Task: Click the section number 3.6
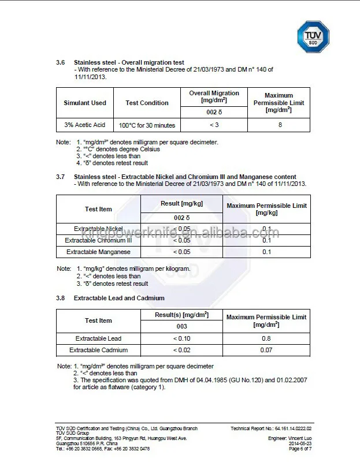[x=60, y=62]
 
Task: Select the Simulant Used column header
[x=85, y=103]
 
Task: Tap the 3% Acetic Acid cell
[x=85, y=125]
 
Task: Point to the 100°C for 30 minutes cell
[x=147, y=125]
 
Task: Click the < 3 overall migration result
[x=214, y=125]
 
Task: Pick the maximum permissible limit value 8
[x=280, y=125]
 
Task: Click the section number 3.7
[x=60, y=177]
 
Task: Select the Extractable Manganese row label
[x=98, y=252]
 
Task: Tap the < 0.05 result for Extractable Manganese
[x=181, y=252]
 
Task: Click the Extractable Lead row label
[x=98, y=338]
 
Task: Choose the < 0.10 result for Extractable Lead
[x=181, y=338]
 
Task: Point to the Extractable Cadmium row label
[x=98, y=350]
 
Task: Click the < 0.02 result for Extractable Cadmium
[x=181, y=350]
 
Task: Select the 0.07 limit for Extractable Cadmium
[x=266, y=350]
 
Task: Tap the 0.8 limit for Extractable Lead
[x=266, y=338]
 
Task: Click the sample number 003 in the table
[x=181, y=326]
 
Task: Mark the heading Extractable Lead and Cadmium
[x=119, y=298]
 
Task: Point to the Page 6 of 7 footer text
[x=300, y=449]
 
